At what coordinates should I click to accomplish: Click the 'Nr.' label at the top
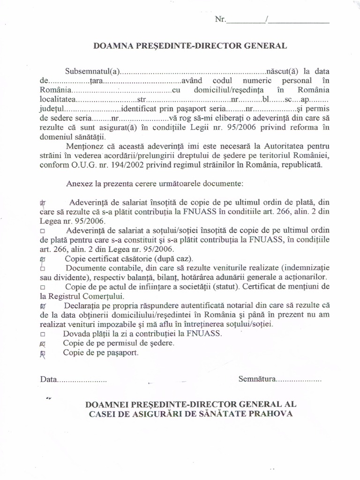(x=220, y=20)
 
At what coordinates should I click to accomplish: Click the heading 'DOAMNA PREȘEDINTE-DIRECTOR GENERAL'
(x=190, y=45)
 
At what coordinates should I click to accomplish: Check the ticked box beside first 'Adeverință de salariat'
(x=43, y=203)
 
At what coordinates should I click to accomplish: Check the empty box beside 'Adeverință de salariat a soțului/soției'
(x=43, y=231)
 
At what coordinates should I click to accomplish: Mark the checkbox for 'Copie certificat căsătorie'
(x=43, y=259)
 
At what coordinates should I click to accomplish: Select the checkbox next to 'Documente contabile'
(x=43, y=269)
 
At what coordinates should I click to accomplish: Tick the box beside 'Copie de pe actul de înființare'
(x=43, y=287)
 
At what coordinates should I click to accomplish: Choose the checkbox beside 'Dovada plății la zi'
(x=43, y=334)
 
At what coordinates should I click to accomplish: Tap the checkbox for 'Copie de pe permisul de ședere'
(x=43, y=344)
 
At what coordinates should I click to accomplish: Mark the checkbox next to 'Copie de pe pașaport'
(x=43, y=353)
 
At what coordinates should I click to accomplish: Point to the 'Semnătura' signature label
(x=256, y=378)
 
